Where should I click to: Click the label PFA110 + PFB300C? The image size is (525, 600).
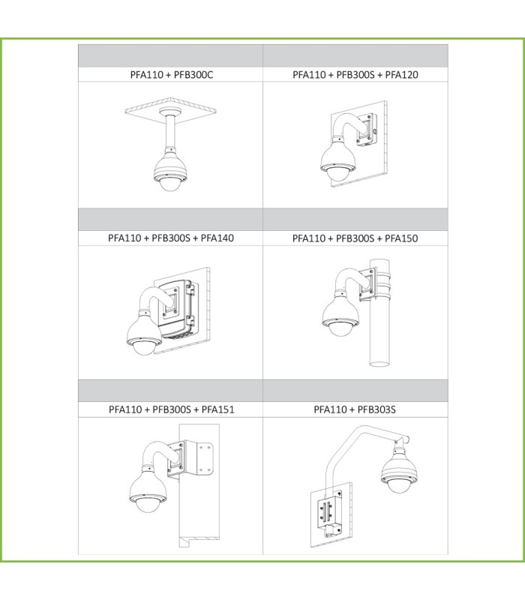(x=172, y=74)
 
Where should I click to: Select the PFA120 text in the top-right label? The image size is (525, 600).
(x=401, y=74)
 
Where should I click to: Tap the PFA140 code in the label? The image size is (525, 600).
(x=217, y=238)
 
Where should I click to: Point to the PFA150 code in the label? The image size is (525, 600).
(x=401, y=238)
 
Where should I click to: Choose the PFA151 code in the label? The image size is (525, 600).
(x=217, y=409)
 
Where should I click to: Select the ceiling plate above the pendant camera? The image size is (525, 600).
(x=171, y=109)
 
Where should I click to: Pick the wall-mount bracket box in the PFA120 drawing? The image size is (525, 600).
(x=367, y=130)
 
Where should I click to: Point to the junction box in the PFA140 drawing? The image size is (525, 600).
(x=176, y=308)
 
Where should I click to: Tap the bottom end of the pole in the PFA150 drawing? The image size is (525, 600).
(x=379, y=364)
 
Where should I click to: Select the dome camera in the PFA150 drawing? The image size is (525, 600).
(x=340, y=316)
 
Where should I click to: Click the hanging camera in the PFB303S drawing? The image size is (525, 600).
(x=398, y=469)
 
